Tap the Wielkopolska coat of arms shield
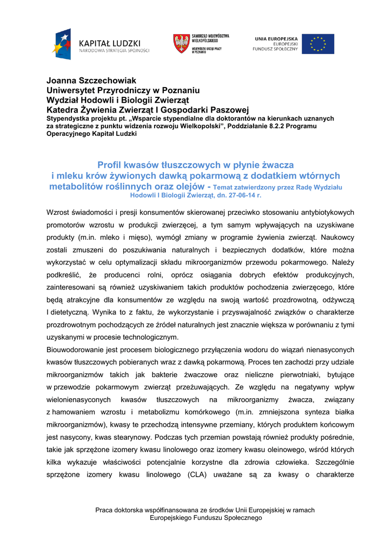(x=181, y=43)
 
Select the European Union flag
(x=317, y=44)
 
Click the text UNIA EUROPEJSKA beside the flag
(x=276, y=38)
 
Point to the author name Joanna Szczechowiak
(x=91, y=81)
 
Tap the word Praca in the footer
(x=104, y=510)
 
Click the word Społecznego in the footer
(x=240, y=518)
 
